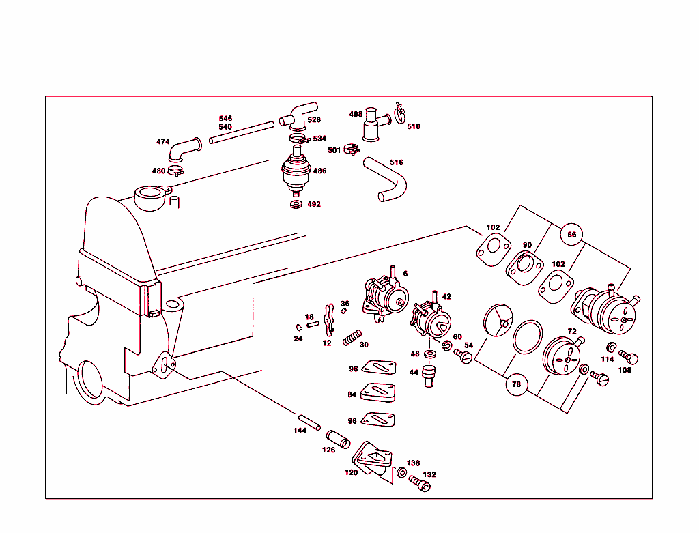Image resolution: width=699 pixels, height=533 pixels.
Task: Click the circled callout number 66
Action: coord(572,235)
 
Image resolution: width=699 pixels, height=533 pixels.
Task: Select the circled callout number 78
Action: coord(516,385)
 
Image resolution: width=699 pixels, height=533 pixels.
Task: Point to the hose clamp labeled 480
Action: coord(175,171)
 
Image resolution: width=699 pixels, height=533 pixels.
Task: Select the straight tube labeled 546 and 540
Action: coord(241,132)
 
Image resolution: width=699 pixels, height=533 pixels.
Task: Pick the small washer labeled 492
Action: coord(296,204)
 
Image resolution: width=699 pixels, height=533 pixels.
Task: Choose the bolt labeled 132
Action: coord(420,484)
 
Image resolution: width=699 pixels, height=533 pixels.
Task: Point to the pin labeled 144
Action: coord(309,422)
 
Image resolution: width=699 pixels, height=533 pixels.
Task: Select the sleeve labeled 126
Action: coord(338,438)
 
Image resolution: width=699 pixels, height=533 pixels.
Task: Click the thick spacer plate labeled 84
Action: coord(379,394)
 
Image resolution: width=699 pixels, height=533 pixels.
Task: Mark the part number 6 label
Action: coord(405,274)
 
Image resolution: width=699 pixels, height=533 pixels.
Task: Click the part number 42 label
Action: coord(446,297)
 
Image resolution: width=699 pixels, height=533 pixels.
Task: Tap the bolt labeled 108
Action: coord(629,357)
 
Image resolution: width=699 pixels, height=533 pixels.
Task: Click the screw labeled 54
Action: coord(463,356)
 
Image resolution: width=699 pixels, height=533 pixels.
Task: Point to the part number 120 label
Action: coord(351,472)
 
